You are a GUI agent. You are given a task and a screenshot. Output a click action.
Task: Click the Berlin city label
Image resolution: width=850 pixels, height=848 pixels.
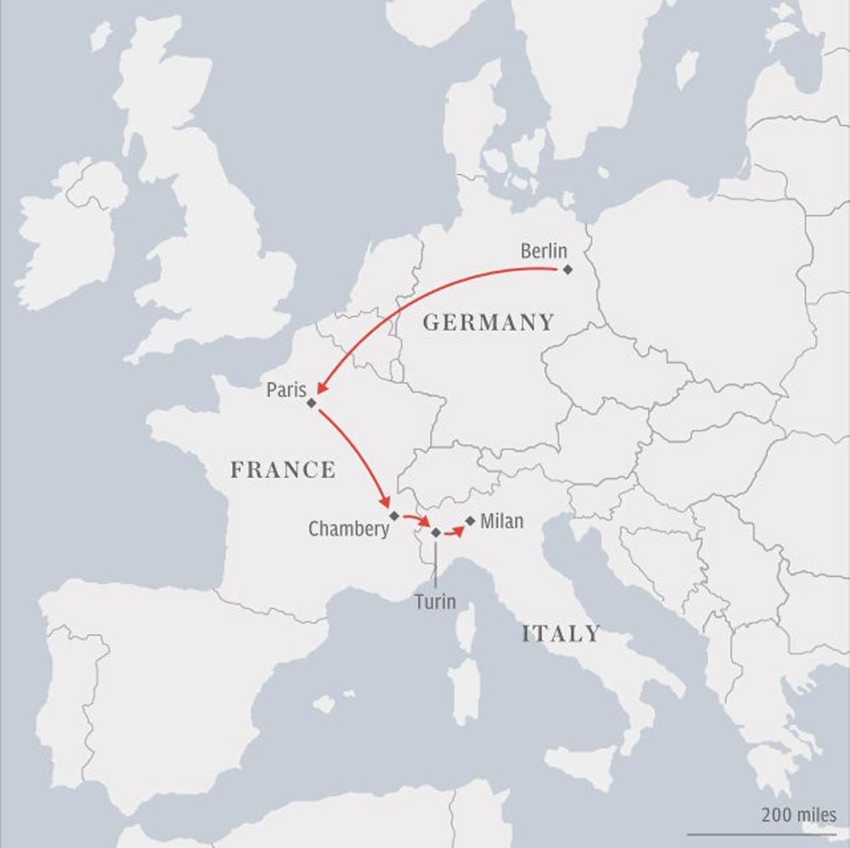click(543, 251)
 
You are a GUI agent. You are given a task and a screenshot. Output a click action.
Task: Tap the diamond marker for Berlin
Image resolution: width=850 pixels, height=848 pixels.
click(568, 269)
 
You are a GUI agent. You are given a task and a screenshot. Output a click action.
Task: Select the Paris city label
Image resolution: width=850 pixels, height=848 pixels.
click(286, 390)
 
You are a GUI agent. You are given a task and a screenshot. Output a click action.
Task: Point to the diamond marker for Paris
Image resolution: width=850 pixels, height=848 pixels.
click(312, 403)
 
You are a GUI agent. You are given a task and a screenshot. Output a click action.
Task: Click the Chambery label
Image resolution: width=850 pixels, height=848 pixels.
click(348, 529)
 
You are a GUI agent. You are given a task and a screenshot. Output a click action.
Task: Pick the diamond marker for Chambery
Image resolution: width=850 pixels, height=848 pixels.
click(394, 516)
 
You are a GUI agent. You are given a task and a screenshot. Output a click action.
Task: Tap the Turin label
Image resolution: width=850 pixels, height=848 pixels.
click(435, 602)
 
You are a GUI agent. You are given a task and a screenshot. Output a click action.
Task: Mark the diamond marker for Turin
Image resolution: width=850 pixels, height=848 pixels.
click(436, 533)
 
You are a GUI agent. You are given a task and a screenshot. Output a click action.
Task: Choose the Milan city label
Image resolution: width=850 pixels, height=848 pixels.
click(501, 521)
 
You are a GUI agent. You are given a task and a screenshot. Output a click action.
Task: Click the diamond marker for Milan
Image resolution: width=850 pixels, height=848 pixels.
click(470, 520)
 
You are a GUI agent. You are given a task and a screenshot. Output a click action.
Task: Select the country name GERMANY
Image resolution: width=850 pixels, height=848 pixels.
click(488, 323)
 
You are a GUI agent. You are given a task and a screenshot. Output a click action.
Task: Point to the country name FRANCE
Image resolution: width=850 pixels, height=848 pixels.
click(283, 470)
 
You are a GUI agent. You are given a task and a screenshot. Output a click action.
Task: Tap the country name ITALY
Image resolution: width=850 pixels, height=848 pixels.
click(561, 634)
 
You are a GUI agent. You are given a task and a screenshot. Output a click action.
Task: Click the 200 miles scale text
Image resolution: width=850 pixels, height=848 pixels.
click(799, 814)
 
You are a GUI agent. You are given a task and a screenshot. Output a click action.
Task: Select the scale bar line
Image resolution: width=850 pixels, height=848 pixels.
click(762, 834)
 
